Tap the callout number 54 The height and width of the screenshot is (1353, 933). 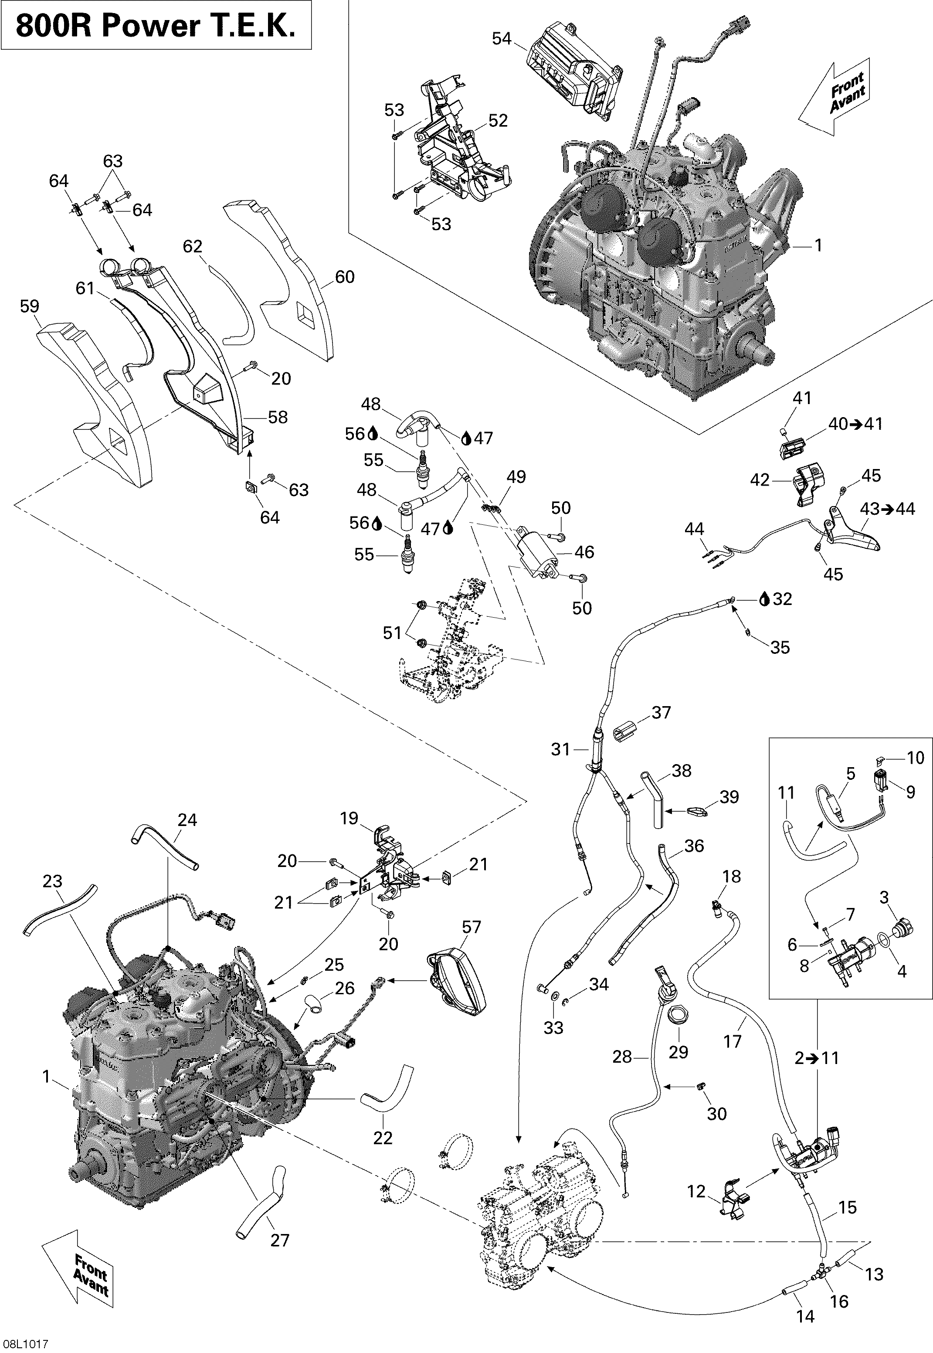[x=502, y=39]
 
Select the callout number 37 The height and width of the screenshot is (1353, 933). [x=661, y=712]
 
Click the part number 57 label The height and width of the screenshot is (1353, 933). [x=471, y=927]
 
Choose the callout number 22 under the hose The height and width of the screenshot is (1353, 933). [x=383, y=1137]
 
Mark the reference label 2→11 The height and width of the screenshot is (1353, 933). [x=817, y=1058]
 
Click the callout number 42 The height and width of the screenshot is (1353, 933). [x=760, y=480]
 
